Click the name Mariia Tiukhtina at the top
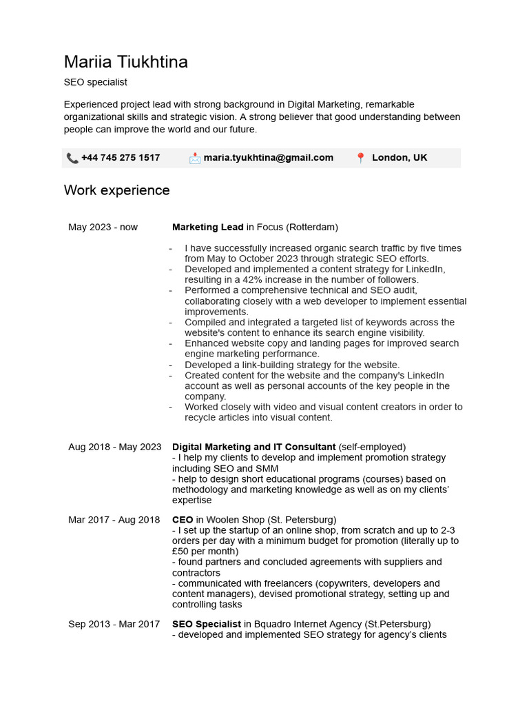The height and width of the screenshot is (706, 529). [x=125, y=62]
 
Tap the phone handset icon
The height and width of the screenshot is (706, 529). [x=72, y=158]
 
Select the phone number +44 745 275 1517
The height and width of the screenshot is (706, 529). [x=121, y=158]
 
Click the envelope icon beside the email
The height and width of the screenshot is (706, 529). [x=195, y=158]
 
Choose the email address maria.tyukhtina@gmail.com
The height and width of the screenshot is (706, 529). [x=268, y=158]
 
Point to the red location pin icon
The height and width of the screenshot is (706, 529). [x=360, y=158]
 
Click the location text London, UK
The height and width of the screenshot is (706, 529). [x=400, y=158]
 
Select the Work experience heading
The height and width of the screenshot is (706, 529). [x=116, y=190]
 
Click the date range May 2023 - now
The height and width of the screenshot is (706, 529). [x=103, y=227]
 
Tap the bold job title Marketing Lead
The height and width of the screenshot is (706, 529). [x=207, y=227]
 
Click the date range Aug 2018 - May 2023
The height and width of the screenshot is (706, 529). [x=114, y=447]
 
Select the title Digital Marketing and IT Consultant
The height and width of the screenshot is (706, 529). [x=253, y=447]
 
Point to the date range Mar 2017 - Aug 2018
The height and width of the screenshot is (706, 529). [x=114, y=519]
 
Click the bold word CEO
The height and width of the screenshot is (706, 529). [x=183, y=519]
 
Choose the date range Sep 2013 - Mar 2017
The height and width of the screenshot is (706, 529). [x=114, y=624]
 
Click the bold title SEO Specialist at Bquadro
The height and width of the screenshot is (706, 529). [x=207, y=624]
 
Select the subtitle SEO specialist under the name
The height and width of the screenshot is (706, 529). [x=96, y=82]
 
